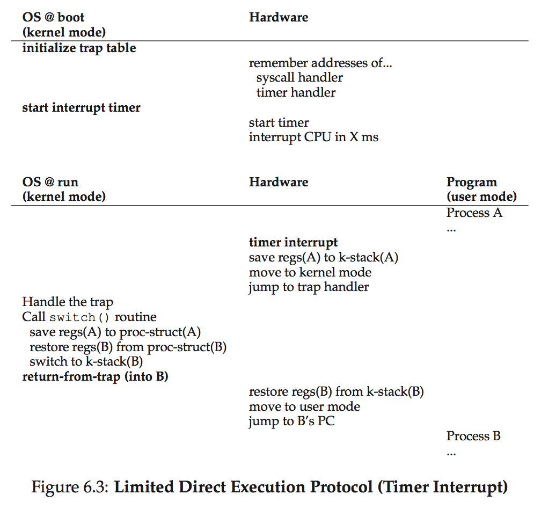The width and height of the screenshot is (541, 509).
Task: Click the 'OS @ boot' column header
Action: (x=54, y=17)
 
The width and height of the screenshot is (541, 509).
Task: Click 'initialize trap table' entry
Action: (x=79, y=48)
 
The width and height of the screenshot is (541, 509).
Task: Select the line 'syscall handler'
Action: (x=299, y=78)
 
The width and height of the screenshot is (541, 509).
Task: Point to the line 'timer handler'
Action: (x=296, y=92)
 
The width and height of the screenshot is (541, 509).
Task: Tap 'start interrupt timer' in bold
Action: (x=81, y=107)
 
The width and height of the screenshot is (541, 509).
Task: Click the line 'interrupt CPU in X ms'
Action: (x=313, y=137)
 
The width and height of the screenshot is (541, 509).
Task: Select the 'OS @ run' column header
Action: (x=50, y=182)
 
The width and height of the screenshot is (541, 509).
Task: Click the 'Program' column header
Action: (x=472, y=182)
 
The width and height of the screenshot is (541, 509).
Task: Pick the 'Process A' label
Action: (x=474, y=213)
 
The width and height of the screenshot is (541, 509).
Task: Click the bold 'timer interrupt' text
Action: (x=293, y=242)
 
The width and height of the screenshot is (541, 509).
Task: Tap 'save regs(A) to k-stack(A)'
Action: (x=323, y=257)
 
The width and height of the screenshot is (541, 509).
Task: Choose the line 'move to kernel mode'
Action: (x=310, y=272)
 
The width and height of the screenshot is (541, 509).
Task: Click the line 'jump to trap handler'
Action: (x=309, y=287)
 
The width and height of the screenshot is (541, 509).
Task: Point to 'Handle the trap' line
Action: (x=68, y=302)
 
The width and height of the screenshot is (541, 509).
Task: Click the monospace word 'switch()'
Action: (x=80, y=317)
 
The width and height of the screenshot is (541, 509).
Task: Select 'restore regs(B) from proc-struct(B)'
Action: (x=128, y=347)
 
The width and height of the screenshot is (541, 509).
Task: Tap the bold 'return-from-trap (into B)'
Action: (x=95, y=376)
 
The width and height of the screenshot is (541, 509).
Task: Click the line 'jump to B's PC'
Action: (x=291, y=421)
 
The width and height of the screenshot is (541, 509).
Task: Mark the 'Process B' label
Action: (x=473, y=436)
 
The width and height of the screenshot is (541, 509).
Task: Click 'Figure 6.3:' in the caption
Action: (x=70, y=488)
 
